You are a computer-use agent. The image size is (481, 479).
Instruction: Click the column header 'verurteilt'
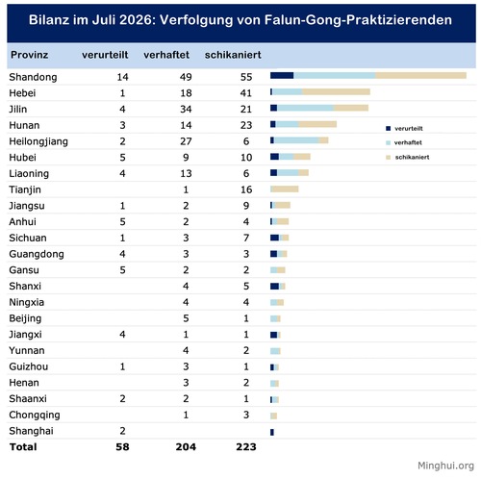[105, 55]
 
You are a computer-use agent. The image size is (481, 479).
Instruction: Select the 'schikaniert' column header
[233, 55]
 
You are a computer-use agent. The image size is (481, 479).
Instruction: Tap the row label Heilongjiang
[38, 141]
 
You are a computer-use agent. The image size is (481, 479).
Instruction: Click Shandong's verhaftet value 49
[186, 77]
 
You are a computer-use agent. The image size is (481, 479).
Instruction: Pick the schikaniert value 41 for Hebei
[246, 93]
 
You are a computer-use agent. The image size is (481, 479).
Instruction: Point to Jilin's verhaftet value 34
[186, 109]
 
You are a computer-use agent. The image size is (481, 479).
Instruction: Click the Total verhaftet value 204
[186, 447]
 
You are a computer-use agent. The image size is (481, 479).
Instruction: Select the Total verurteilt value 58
[122, 447]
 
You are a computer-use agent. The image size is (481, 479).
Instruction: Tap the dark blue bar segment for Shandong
[282, 75]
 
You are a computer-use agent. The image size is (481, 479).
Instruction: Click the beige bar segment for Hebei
[336, 92]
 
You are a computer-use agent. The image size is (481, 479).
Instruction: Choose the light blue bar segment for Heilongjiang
[296, 140]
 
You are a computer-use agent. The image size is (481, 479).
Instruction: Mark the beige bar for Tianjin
[285, 189]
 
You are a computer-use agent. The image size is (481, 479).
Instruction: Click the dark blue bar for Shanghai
[272, 432]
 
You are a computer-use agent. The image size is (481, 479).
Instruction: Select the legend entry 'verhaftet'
[404, 142]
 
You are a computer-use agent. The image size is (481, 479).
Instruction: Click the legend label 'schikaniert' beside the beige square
[412, 157]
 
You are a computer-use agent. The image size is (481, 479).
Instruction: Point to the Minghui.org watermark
[445, 466]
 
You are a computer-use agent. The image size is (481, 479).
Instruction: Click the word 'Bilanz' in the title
[49, 20]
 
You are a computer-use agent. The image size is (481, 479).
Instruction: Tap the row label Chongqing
[35, 415]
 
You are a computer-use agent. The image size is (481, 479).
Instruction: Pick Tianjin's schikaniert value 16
[246, 189]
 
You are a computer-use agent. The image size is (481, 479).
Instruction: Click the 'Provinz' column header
[29, 55]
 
